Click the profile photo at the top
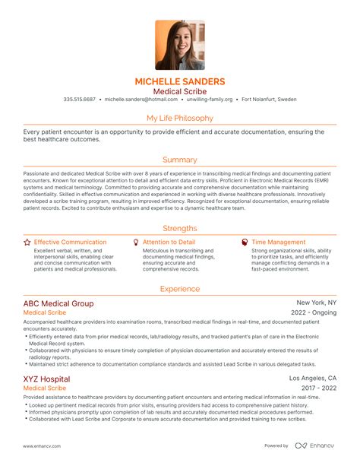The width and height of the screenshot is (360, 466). click(180, 45)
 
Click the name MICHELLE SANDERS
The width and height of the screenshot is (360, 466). click(180, 81)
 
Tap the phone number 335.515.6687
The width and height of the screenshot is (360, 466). click(80, 99)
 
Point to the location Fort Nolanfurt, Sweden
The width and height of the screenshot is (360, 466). click(268, 99)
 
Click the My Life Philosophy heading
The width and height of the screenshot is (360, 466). click(180, 118)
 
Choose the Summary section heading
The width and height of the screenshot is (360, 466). click(180, 160)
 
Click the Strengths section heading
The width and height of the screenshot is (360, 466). click(180, 228)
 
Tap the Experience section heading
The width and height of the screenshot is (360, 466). click(180, 289)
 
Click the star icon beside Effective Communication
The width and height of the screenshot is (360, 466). click(27, 243)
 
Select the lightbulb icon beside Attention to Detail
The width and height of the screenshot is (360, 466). click(136, 243)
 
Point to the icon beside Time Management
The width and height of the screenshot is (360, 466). click(244, 243)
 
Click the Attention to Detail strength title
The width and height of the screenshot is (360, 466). click(169, 243)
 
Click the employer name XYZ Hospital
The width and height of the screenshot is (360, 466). click(46, 379)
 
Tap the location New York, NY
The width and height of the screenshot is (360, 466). click(317, 302)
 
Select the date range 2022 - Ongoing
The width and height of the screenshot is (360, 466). click(314, 312)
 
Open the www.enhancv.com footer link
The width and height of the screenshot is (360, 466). click(43, 446)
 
